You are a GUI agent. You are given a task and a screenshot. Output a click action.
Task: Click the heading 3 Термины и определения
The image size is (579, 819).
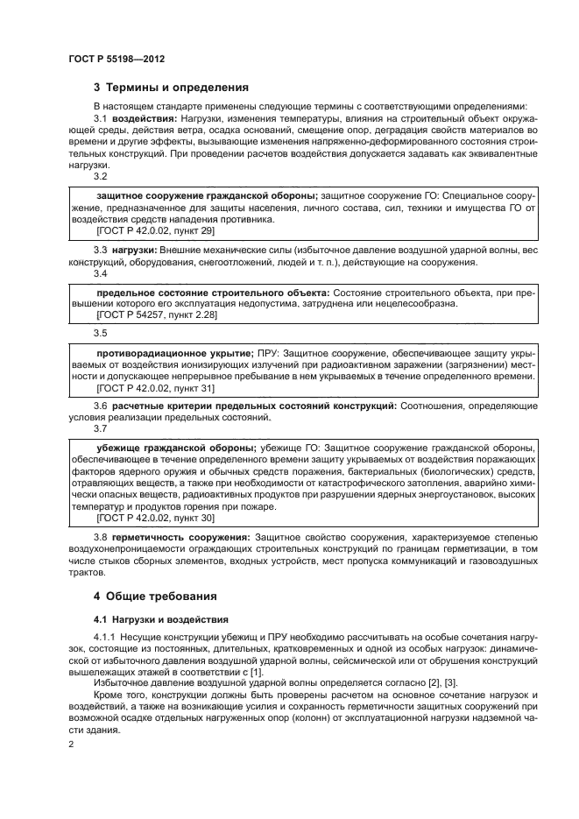tap(171, 87)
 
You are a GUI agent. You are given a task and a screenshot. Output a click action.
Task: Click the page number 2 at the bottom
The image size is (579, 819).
tap(72, 744)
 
